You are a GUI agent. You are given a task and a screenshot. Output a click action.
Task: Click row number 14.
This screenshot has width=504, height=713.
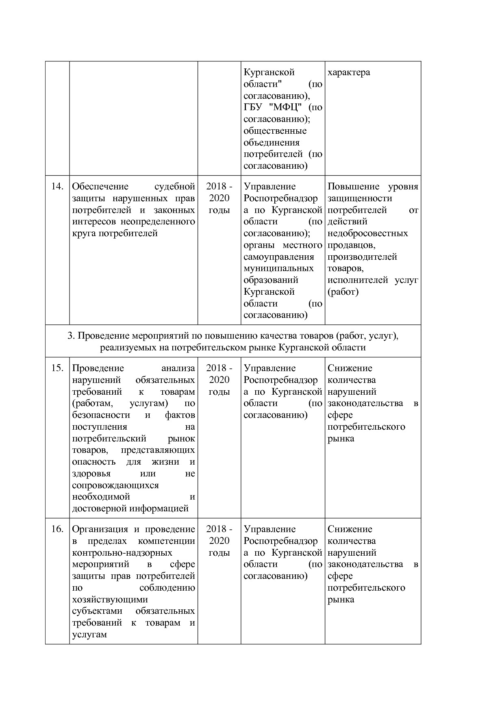57,187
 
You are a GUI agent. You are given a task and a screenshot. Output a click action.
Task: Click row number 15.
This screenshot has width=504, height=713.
57,368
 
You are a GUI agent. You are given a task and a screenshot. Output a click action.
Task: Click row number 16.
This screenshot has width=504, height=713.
57,529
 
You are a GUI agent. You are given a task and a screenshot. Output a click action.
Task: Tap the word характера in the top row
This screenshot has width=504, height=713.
349,72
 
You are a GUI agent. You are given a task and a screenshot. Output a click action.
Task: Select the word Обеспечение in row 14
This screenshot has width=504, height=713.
100,187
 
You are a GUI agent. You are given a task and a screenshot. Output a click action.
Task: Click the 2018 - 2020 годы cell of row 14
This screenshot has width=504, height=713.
219,198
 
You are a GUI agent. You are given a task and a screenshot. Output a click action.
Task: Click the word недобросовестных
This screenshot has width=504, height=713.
367,234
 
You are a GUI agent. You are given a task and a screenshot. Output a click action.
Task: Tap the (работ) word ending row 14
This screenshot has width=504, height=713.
343,292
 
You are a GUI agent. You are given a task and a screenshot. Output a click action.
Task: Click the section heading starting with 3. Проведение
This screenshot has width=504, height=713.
233,341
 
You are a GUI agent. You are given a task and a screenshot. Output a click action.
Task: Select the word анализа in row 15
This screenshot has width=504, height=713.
178,368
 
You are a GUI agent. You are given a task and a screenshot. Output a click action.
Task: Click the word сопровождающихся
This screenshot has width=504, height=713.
115,485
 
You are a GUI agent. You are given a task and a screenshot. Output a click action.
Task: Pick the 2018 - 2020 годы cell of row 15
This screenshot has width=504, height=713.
219,380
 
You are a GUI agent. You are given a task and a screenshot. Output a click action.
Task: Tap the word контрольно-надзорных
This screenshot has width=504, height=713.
122,553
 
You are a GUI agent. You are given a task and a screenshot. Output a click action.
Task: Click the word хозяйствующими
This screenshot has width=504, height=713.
110,600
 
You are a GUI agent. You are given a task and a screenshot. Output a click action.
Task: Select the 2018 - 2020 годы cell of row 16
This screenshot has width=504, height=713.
219,541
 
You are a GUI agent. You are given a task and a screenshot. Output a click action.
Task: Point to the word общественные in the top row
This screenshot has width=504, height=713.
275,131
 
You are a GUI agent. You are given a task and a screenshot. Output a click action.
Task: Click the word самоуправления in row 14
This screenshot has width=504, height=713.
279,257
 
